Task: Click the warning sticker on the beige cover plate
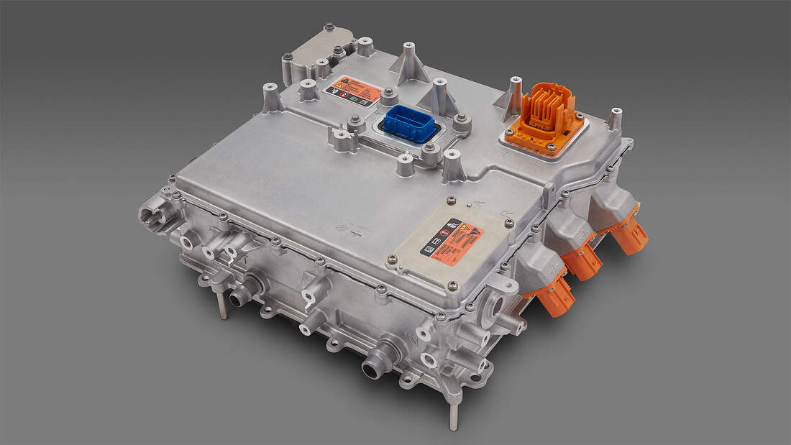(x=452, y=242)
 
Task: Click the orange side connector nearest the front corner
(x=554, y=296)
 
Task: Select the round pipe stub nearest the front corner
(x=377, y=365)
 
